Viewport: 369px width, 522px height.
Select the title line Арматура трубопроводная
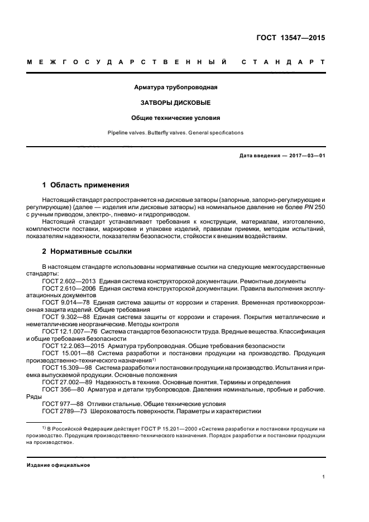click(176, 88)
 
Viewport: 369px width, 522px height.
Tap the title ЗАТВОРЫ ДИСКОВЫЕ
click(176, 103)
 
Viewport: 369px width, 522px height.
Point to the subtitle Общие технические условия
click(176, 118)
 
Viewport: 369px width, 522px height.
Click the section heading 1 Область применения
click(86, 185)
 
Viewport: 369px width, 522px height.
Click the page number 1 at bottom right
click(323, 477)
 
